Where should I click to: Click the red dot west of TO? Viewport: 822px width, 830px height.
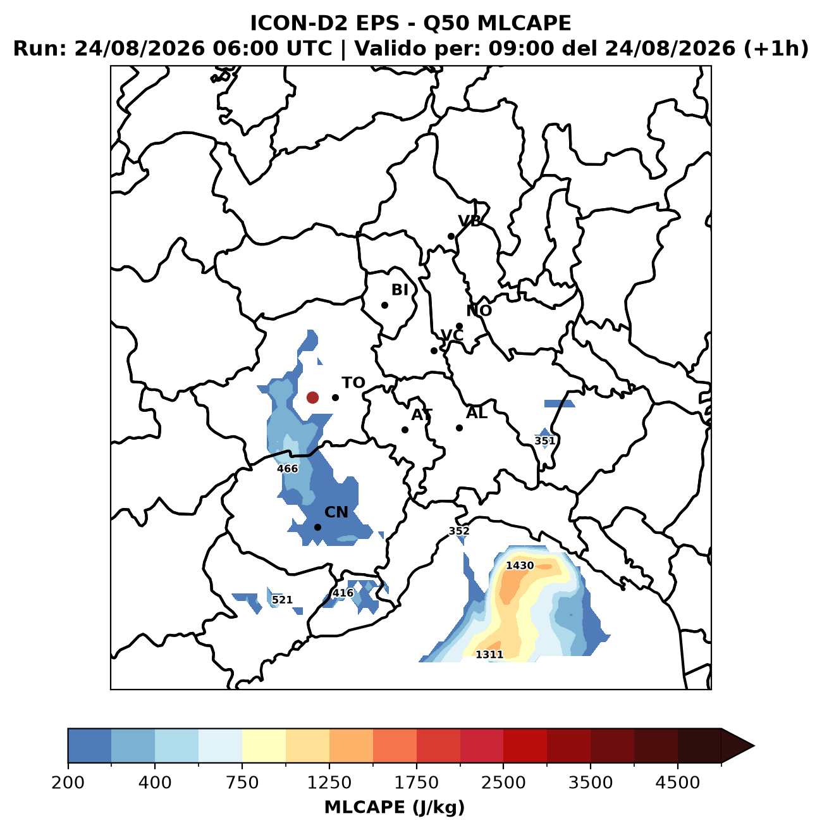click(312, 397)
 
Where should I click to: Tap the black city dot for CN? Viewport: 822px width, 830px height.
click(318, 527)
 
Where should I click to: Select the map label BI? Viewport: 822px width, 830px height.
click(400, 290)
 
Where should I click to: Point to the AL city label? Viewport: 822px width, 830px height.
click(477, 413)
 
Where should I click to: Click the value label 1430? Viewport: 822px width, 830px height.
click(520, 565)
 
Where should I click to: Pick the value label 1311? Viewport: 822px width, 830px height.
click(489, 654)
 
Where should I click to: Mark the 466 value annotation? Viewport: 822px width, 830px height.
click(288, 468)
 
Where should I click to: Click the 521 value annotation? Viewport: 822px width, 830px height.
click(282, 600)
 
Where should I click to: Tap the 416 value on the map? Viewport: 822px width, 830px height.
click(343, 593)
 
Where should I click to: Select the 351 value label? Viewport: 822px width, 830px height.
click(544, 441)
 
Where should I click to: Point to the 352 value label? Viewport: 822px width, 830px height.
click(459, 531)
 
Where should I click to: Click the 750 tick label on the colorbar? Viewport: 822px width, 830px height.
click(242, 783)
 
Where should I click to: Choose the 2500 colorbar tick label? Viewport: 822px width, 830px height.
click(503, 783)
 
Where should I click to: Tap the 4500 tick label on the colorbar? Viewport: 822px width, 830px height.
click(678, 783)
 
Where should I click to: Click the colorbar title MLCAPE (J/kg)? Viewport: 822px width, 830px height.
click(395, 807)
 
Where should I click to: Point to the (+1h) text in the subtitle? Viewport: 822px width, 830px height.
click(776, 49)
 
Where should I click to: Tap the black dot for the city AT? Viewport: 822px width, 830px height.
click(405, 430)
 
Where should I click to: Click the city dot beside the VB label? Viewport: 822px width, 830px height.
click(451, 237)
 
